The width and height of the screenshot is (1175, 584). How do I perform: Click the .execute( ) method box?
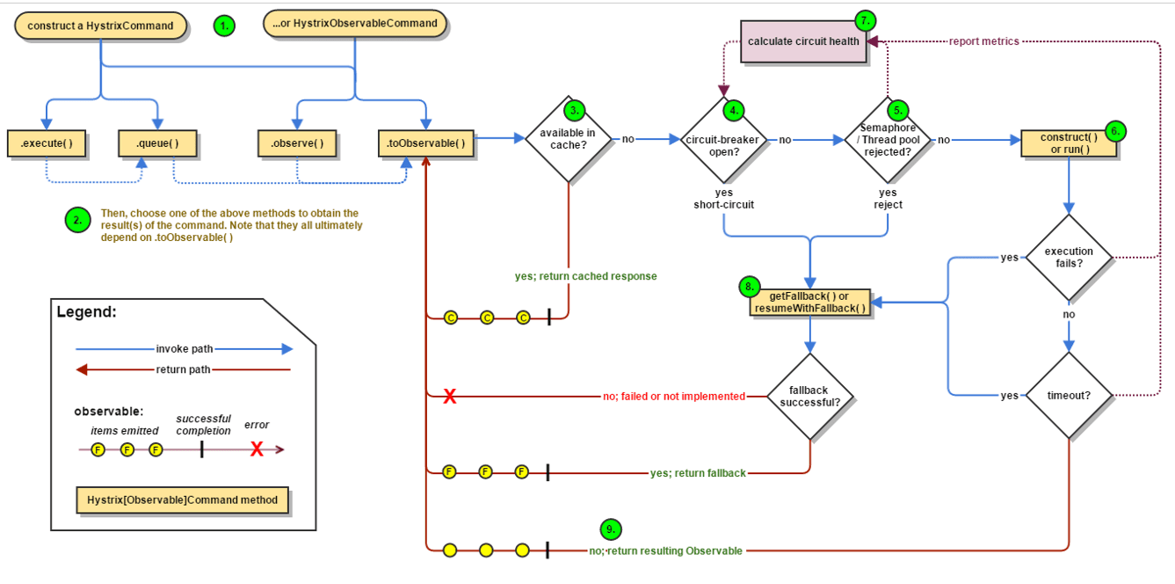47,143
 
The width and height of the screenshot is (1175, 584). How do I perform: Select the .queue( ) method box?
157,143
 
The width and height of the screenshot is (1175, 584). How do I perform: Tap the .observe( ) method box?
297,143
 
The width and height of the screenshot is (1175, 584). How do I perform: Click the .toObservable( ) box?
426,143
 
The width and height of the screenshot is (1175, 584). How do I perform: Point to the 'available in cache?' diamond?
568,139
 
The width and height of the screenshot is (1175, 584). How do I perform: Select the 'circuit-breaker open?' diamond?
723,140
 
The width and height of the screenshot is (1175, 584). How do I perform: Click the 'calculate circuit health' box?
803,41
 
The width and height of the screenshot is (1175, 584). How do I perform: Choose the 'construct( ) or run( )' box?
1069,143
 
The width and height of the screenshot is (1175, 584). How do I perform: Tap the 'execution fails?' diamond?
1069,258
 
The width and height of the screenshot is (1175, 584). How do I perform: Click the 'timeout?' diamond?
1069,396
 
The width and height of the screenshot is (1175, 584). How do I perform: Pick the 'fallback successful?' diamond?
810,397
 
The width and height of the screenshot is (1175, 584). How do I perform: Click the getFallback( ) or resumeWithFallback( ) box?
810,302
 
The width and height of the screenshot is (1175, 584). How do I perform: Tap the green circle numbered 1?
224,26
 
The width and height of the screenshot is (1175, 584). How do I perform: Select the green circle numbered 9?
611,529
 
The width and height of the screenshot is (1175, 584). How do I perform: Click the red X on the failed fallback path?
450,396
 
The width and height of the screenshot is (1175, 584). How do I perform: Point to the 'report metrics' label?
984,41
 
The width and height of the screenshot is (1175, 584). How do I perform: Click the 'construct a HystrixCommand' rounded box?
100,26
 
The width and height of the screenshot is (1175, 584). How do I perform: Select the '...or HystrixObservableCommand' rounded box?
354,24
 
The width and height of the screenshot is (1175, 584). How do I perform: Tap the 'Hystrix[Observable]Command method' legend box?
183,500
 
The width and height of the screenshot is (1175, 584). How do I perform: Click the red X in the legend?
257,449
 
